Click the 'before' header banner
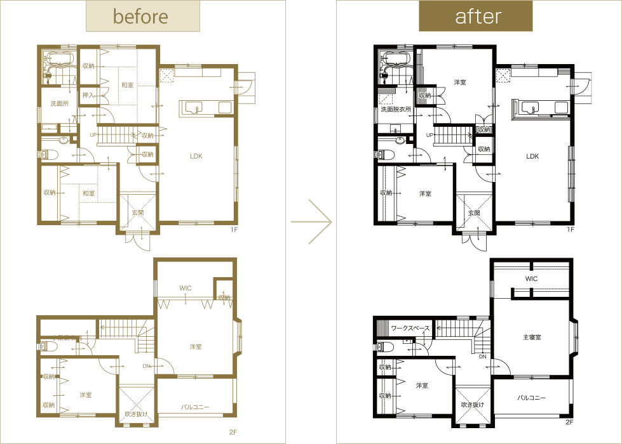point(143,16)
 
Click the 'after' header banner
point(475,16)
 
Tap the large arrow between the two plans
point(312,221)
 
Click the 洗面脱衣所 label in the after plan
point(396,109)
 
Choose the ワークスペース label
point(410,328)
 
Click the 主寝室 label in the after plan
point(532,337)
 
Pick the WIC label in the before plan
point(185,288)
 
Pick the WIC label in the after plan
point(532,279)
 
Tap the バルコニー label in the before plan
point(195,407)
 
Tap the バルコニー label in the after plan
point(531,398)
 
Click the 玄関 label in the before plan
point(137,212)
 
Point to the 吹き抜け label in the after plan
point(472,404)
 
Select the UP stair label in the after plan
point(430,135)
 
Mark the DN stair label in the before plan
point(145,365)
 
